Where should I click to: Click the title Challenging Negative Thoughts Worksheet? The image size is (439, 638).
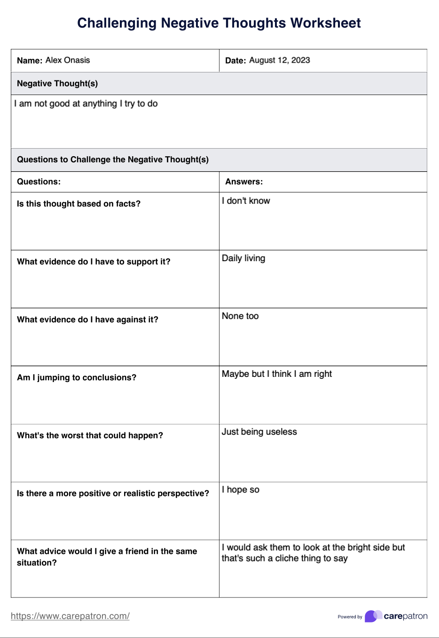219,23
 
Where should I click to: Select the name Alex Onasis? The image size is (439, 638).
68,60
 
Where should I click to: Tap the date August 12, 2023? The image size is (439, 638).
279,60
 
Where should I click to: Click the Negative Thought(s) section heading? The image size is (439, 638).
57,84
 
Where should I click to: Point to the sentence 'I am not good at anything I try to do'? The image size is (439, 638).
86,104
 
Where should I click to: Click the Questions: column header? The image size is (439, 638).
39,182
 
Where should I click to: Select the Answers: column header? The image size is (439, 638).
244,182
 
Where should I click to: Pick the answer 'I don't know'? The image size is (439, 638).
246,201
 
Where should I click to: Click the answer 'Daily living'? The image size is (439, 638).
243,258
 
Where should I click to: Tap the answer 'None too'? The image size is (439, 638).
240,316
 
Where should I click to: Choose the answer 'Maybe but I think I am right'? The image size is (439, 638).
277,374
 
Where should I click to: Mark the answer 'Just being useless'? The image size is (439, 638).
259,432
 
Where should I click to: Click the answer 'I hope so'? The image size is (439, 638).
241,490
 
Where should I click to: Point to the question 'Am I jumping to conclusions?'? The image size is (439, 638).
77,377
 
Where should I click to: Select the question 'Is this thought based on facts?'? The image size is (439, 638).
78,204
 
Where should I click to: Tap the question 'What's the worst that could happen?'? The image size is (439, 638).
90,436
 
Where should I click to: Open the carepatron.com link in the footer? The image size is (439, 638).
70,616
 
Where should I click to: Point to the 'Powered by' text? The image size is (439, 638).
350,617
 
